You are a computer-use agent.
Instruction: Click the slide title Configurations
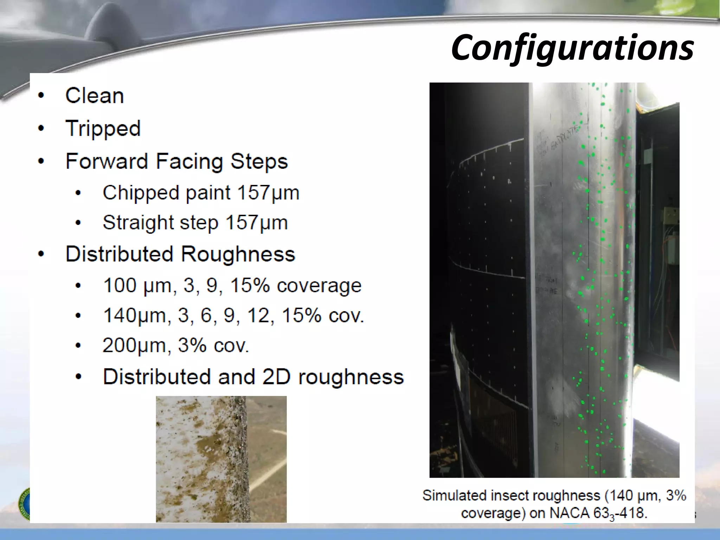click(x=572, y=47)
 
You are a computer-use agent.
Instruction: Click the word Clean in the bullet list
click(x=95, y=96)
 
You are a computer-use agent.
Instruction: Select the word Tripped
click(x=103, y=129)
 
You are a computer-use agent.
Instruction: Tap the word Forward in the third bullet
click(x=106, y=161)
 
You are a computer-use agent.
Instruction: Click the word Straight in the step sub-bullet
click(x=138, y=223)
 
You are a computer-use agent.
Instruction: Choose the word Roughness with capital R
click(x=238, y=254)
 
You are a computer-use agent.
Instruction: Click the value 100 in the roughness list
click(x=120, y=285)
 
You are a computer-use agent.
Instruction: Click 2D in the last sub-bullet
click(x=276, y=377)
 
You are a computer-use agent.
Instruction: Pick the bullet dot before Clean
click(x=41, y=96)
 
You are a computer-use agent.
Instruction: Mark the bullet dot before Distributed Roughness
click(x=41, y=254)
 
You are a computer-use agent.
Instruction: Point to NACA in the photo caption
click(x=569, y=513)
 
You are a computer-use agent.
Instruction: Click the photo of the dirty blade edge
click(x=221, y=459)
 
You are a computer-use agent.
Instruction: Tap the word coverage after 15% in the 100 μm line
click(x=319, y=285)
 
